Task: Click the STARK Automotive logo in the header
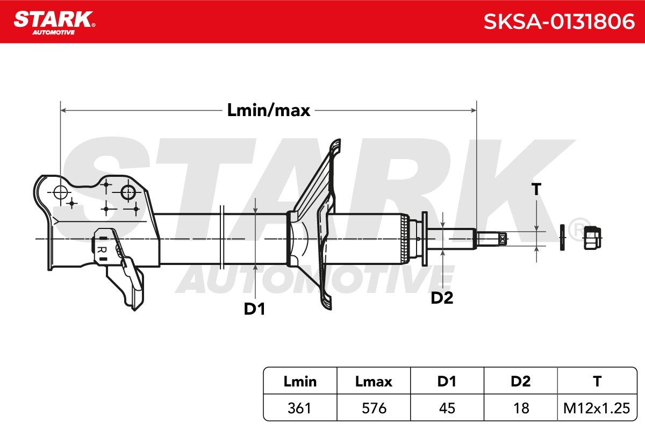tap(54, 23)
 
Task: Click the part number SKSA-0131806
tap(559, 21)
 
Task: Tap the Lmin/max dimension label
tap(269, 110)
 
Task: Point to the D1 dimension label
tap(254, 309)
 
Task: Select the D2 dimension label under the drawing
tap(442, 298)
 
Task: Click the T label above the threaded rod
tap(536, 189)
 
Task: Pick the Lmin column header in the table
tap(300, 381)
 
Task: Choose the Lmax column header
tap(374, 381)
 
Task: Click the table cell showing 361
tap(299, 408)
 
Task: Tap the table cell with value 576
tap(374, 408)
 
